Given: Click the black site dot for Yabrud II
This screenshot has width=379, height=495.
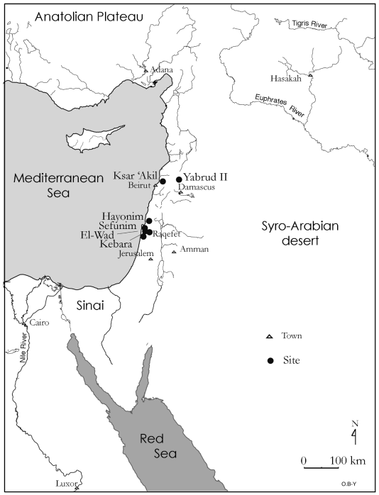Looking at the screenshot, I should tap(178, 179).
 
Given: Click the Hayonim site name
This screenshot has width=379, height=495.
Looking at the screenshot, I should tap(123, 214).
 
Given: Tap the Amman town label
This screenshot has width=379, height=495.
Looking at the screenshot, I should tap(192, 250).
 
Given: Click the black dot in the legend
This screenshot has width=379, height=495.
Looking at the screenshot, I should tap(270, 361).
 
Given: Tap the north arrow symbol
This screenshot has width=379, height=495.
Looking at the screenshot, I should tap(354, 433).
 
